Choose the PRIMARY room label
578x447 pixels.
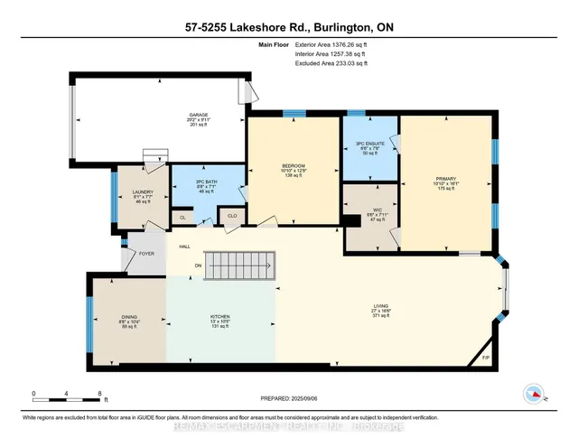(447, 180)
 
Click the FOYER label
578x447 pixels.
(146, 254)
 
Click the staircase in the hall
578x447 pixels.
(240, 265)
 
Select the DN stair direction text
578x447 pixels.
(198, 265)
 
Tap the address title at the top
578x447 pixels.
(288, 30)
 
